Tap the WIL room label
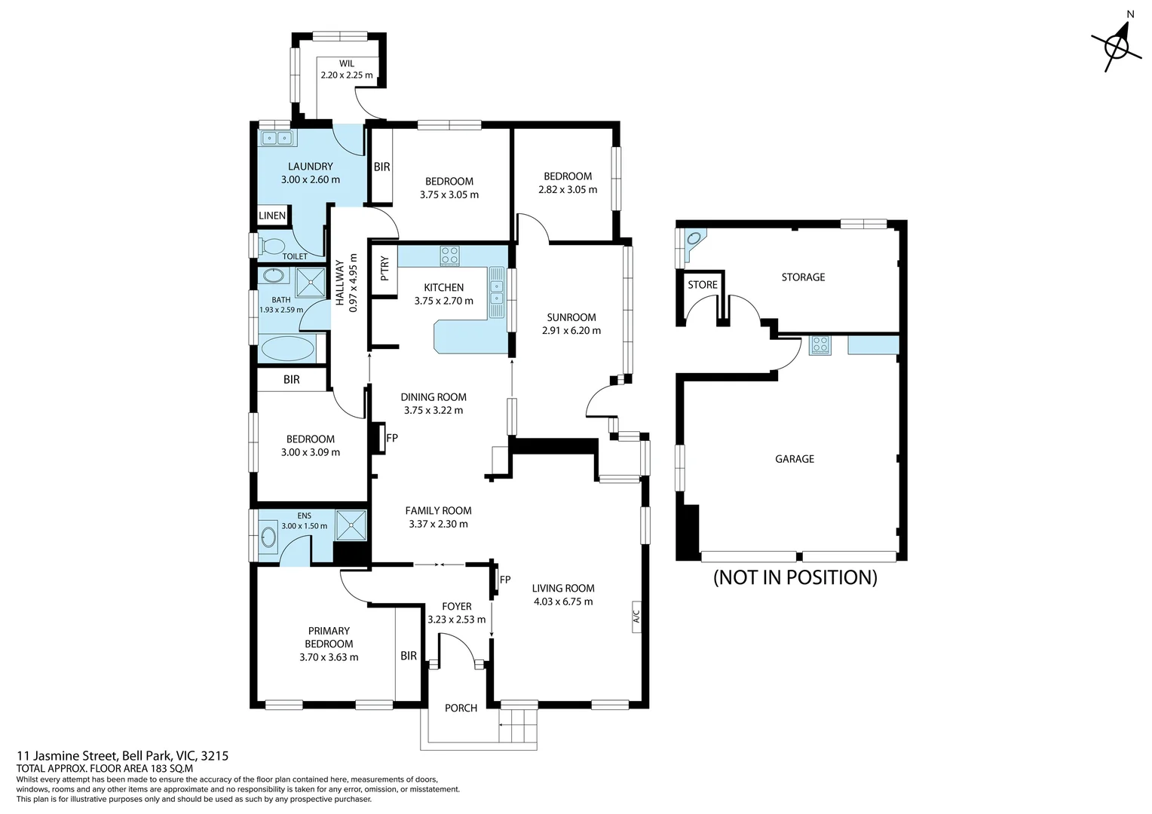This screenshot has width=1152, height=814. (347, 64)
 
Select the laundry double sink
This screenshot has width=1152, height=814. (277, 138)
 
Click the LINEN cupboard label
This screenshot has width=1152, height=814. (272, 216)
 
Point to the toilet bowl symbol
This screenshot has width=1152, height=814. (272, 246)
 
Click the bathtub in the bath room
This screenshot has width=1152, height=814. (286, 350)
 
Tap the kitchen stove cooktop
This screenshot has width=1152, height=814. (450, 256)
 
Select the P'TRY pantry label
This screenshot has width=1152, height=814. (385, 268)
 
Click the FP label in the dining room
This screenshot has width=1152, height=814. (392, 438)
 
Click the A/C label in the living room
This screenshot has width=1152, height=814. (636, 618)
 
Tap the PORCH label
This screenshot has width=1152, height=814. (461, 708)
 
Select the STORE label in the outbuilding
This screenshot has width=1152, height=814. (703, 285)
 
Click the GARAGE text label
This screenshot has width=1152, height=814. (795, 458)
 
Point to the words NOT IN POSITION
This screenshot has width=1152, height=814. (795, 577)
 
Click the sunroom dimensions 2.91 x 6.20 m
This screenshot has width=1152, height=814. (571, 330)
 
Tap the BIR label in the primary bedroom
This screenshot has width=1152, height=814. (409, 656)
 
